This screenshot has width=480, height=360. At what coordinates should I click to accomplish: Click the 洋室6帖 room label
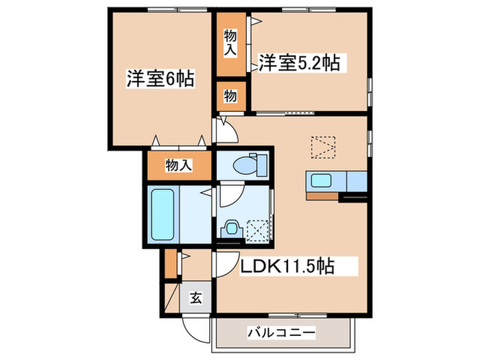coord(159,79)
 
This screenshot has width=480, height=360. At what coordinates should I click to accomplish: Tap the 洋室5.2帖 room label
coord(299,64)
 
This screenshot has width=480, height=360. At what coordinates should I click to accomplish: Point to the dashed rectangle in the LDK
coord(323,146)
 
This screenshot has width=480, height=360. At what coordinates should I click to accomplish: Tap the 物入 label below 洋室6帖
coord(178,165)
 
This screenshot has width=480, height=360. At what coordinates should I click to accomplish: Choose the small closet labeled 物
coord(231,97)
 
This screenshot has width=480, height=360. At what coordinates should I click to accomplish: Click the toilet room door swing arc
coord(228,195)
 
